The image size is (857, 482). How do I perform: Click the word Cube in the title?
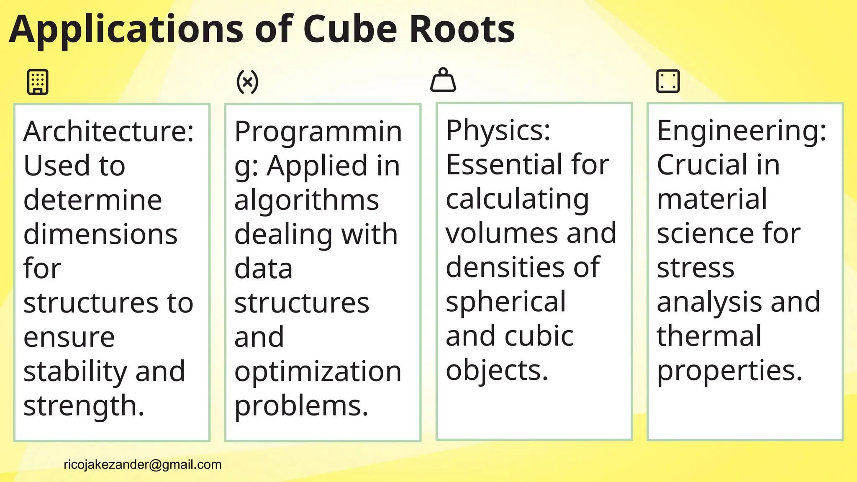[350, 29]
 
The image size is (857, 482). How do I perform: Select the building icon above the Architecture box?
[38, 82]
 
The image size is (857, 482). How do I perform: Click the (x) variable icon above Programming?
[247, 82]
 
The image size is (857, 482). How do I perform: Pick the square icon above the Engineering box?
[668, 81]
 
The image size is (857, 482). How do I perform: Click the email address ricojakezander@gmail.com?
[142, 464]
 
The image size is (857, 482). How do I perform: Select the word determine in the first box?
[92, 200]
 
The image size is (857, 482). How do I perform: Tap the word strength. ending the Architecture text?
[84, 406]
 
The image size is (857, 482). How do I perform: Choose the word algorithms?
[306, 200]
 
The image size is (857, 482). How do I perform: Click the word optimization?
[318, 372]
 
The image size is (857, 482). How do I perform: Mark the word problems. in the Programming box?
[301, 406]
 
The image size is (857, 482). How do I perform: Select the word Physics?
[498, 130]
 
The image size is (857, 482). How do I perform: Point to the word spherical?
[505, 302]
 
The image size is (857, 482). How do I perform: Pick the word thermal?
[709, 336]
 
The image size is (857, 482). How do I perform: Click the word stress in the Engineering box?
[695, 268]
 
